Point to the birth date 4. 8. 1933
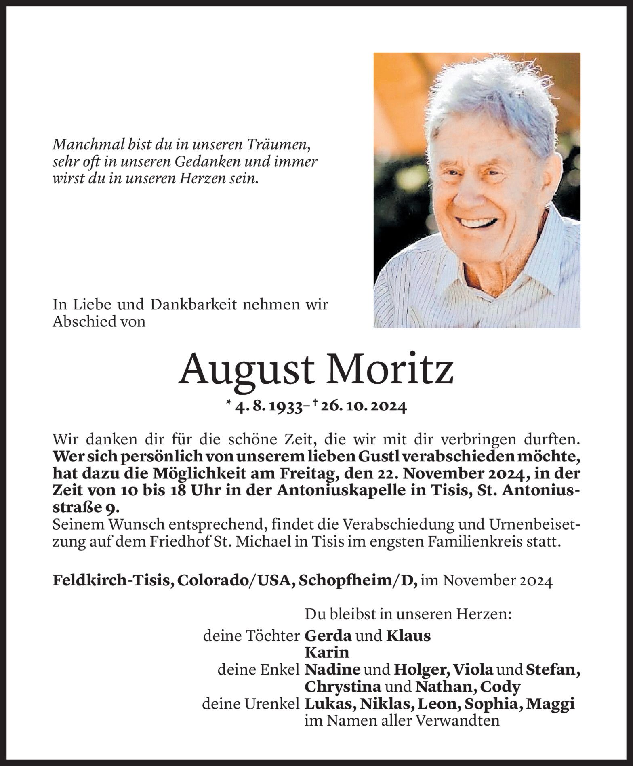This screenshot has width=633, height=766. pos(269,407)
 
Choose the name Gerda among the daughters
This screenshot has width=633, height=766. pos(328,636)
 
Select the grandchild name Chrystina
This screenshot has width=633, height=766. pos(343,687)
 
